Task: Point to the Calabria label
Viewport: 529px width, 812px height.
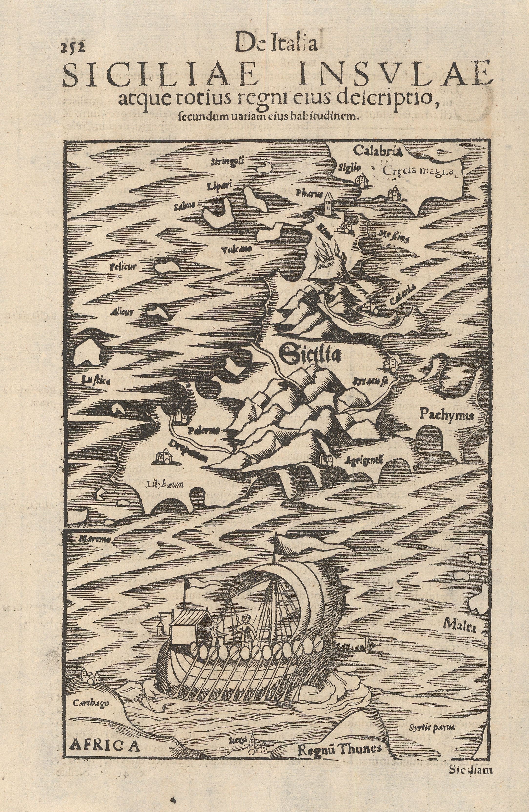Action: point(373,150)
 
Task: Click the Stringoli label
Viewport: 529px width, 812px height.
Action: point(227,161)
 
